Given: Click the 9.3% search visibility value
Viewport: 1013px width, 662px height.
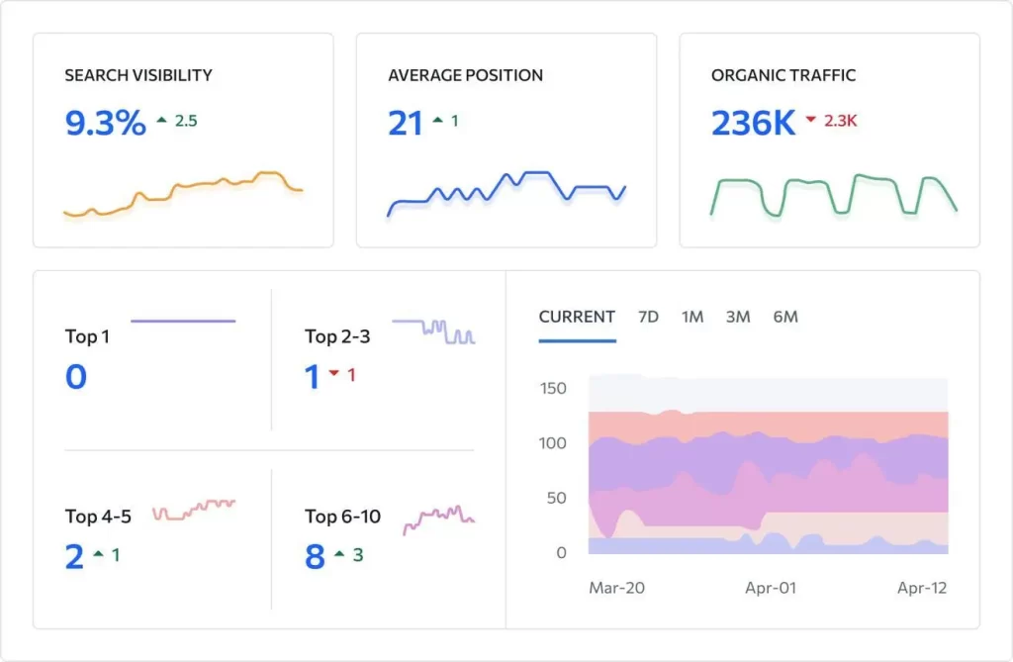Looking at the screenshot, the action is (105, 123).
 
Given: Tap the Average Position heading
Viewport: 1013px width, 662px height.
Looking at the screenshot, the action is (465, 75).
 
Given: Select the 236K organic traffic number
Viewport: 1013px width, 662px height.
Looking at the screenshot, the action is (753, 123).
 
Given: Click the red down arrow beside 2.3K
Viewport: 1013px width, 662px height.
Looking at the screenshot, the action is (811, 119).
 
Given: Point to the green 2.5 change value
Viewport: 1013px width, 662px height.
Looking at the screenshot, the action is (186, 121).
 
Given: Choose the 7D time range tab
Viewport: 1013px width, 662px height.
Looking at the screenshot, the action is (648, 317).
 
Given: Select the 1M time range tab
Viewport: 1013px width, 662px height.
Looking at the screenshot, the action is (691, 317).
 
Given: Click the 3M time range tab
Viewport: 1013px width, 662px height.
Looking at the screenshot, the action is (738, 317).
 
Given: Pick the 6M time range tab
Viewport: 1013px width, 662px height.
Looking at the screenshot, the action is (785, 317).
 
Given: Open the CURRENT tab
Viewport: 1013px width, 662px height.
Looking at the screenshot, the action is (577, 317).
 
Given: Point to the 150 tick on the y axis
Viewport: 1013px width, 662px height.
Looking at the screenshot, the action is (553, 389).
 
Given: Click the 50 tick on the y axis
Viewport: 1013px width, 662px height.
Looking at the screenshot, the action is (556, 499).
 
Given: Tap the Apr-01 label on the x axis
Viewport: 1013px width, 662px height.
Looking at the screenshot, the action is (770, 589).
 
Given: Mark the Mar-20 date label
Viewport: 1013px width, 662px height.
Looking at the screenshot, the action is (616, 589).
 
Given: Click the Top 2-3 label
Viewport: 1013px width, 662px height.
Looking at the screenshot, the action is (337, 336).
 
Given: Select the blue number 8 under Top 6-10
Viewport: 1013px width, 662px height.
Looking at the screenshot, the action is (315, 557).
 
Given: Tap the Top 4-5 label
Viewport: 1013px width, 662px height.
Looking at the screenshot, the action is (98, 517).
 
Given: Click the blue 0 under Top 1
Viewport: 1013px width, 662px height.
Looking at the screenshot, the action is (75, 376).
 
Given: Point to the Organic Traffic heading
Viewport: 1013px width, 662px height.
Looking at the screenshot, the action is (783, 75).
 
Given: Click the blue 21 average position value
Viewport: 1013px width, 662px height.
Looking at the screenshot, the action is (405, 123).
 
